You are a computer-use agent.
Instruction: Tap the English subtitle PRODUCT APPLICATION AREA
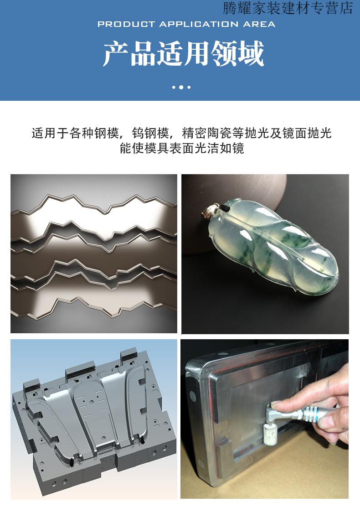(x=186, y=24)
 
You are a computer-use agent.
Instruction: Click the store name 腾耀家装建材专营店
(x=288, y=8)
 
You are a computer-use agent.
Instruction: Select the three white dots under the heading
(x=181, y=87)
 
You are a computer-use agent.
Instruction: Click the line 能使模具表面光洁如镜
(x=182, y=149)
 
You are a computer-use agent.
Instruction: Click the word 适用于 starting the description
(x=50, y=133)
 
